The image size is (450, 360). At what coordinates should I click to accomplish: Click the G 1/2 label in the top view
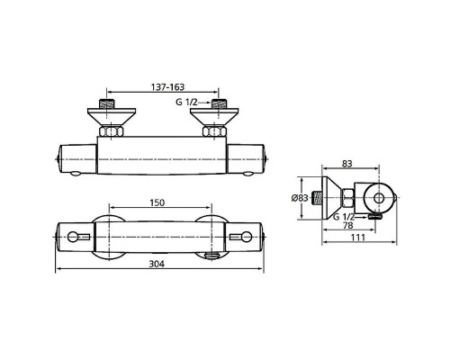[187, 103]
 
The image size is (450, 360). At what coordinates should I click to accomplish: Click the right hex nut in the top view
[216, 132]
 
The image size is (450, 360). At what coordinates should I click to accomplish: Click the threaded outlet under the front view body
[212, 256]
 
